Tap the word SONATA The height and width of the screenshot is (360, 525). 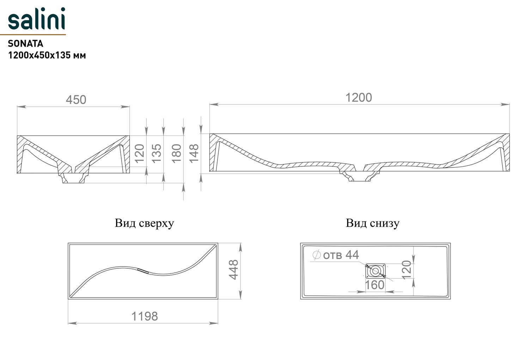point(25,44)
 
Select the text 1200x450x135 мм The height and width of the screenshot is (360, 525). point(47,55)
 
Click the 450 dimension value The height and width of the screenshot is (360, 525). point(76,100)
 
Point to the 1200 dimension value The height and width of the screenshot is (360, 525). point(359,98)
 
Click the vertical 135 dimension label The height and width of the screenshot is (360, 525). point(157,153)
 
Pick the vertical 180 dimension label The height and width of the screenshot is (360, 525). point(177,153)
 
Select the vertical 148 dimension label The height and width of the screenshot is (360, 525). point(194,153)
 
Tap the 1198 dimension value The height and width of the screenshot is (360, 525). point(145,316)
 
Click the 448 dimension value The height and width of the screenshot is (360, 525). point(233,270)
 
